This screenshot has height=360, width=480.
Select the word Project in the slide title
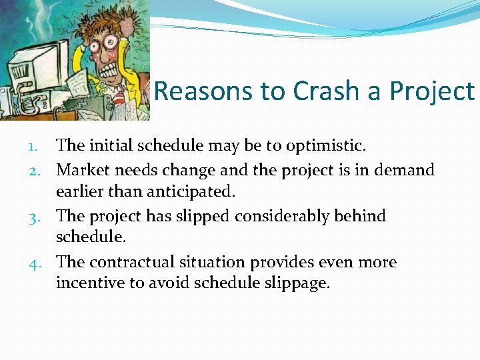434,92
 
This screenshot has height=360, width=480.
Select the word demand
403,170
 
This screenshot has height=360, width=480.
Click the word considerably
263,216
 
